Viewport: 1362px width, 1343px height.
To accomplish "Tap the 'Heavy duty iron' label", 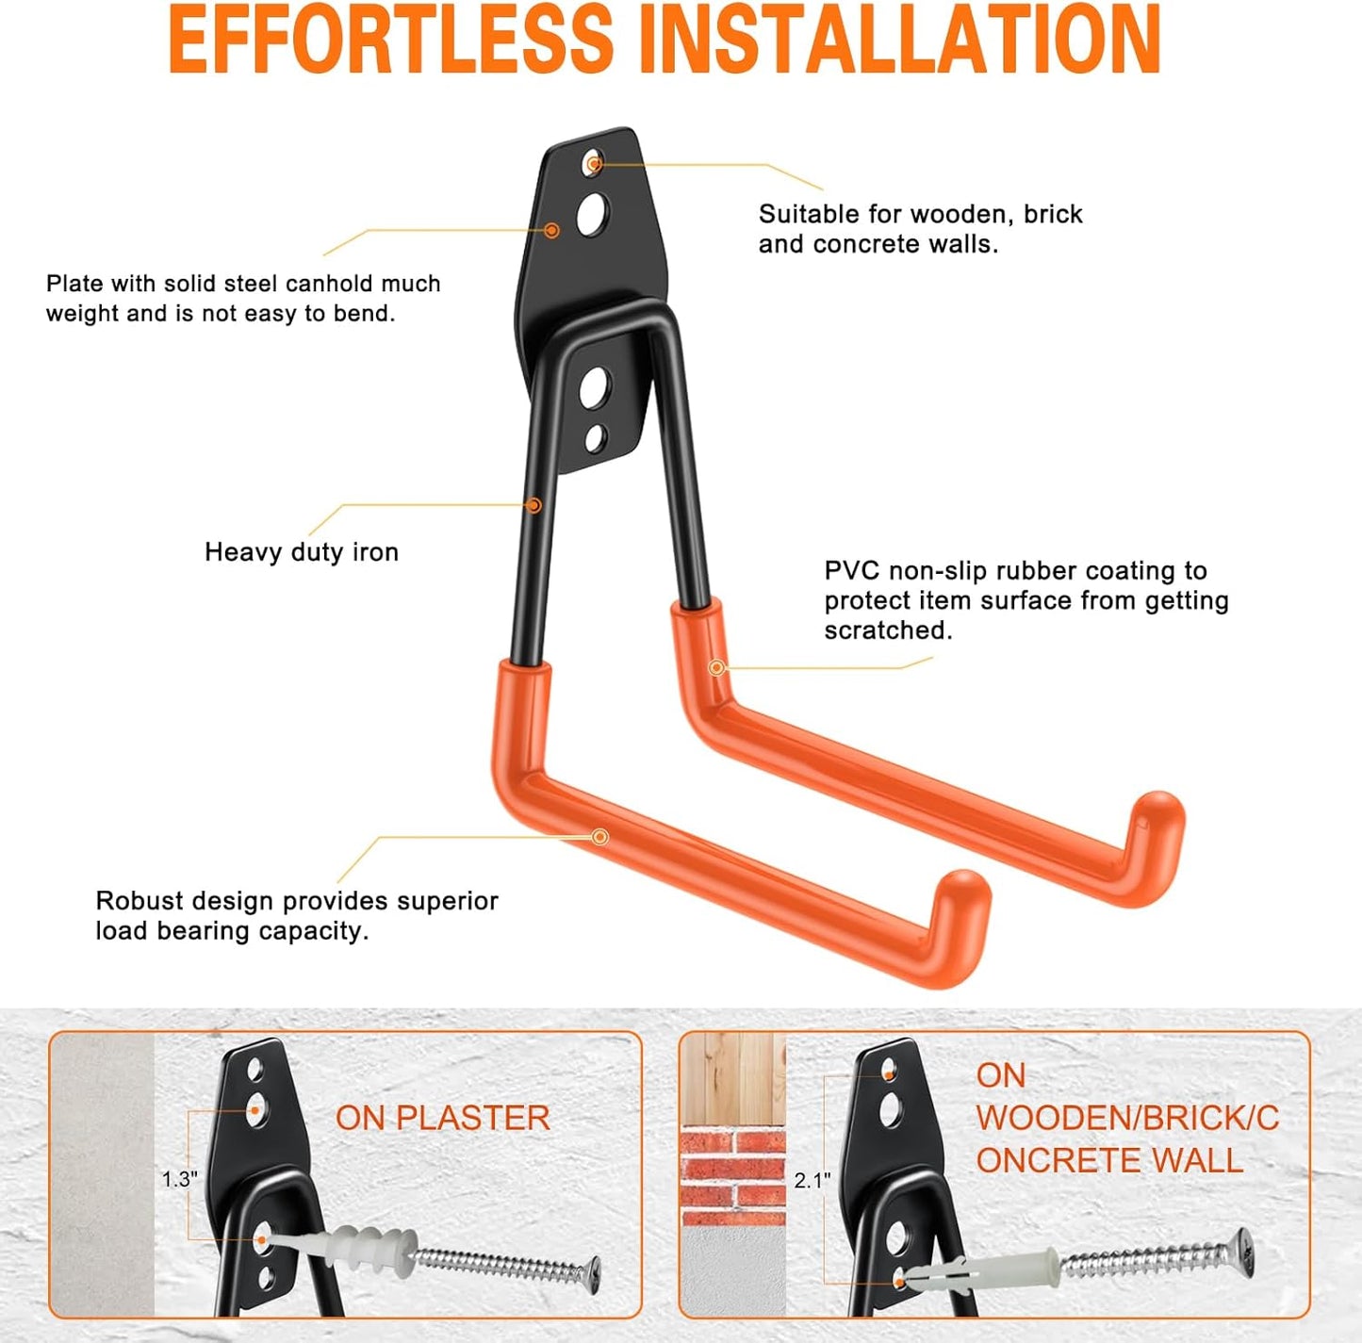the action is point(302,552).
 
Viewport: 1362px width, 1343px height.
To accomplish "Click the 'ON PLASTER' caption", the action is point(442,1118).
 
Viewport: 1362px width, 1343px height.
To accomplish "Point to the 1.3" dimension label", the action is point(179,1179).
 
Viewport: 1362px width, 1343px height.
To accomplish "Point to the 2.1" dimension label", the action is point(812,1180).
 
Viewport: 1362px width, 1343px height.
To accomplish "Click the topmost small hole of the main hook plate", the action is point(593,163).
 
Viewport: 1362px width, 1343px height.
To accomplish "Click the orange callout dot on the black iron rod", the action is point(535,505).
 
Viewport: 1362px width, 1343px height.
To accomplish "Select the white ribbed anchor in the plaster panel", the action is point(357,1247).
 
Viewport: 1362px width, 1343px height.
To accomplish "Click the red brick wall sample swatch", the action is point(733,1169).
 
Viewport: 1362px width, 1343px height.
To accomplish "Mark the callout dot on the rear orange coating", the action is point(716,667).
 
